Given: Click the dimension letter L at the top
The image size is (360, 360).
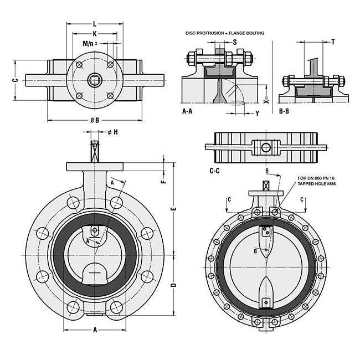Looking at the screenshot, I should (x=94, y=24).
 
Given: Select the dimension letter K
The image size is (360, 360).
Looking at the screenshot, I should (x=95, y=34).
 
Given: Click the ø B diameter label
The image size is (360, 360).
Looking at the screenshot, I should (x=94, y=120).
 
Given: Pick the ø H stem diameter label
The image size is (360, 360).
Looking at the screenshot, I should (x=112, y=132).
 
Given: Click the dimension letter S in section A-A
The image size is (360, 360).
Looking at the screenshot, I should (x=234, y=42).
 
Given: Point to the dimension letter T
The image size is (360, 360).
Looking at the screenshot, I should (x=333, y=42).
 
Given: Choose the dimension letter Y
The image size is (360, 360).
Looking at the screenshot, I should (x=258, y=114).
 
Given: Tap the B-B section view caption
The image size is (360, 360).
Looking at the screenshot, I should (x=285, y=111).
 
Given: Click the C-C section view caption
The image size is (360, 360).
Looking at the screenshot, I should (x=214, y=171).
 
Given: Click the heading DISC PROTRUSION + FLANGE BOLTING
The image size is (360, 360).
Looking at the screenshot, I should (x=225, y=33).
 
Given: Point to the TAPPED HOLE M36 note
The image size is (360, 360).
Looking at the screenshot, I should (x=318, y=183).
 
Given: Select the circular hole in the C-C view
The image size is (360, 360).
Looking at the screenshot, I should (x=266, y=147).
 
